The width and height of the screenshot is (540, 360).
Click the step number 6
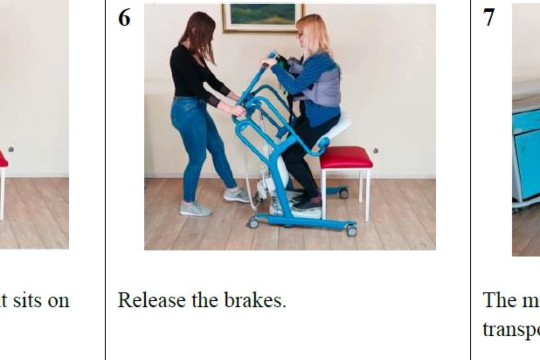124,18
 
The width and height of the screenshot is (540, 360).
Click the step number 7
489,18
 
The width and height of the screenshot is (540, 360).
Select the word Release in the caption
149,300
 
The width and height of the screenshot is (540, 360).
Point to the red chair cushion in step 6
346,157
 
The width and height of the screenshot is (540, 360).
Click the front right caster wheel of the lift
351,231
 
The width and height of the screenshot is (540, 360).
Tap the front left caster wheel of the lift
254,223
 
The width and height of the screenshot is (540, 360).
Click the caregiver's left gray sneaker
195,209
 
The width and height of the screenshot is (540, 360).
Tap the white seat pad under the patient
338,128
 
